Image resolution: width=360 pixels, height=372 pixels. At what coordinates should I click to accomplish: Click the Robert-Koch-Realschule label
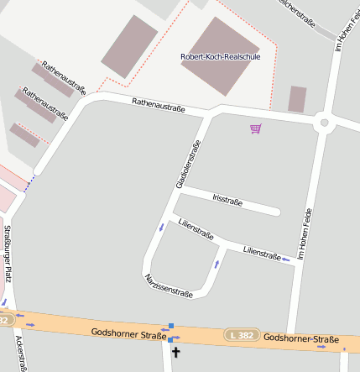(x=221, y=56)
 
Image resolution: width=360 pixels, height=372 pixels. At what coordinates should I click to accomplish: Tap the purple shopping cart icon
(x=255, y=128)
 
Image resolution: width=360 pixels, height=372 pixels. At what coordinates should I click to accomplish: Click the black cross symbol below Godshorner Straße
(x=175, y=353)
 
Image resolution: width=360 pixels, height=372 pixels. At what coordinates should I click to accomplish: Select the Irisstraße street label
(x=227, y=200)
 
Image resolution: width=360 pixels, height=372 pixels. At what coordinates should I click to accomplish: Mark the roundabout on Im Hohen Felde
(x=323, y=123)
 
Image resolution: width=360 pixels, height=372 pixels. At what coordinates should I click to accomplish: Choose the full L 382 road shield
(x=243, y=335)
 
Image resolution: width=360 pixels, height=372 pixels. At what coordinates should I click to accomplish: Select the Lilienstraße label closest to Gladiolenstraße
(x=196, y=228)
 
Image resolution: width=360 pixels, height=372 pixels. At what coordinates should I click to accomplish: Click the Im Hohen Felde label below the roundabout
(x=308, y=233)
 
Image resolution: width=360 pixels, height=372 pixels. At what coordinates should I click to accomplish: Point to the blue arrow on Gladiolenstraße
(x=161, y=227)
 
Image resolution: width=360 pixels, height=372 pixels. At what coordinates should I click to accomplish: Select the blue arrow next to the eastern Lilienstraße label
(x=287, y=259)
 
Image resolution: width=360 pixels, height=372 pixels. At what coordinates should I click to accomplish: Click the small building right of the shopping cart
(x=297, y=99)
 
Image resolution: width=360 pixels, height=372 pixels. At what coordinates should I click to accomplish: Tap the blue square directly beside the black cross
(x=170, y=339)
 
